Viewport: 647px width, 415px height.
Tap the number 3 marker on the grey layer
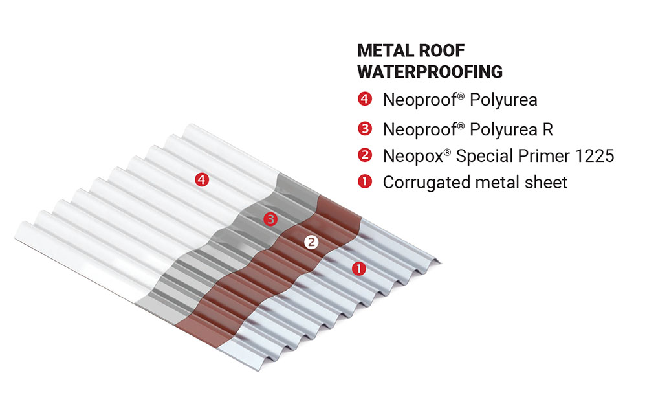coord(270,219)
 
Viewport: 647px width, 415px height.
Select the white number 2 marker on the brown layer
coord(311,242)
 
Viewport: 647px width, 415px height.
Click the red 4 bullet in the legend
coord(364,100)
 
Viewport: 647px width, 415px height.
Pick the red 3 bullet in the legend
coord(364,129)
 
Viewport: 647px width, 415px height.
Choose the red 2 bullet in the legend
coord(364,155)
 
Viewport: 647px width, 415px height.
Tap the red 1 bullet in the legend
coord(364,182)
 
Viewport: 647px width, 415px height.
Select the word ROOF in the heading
coord(443,51)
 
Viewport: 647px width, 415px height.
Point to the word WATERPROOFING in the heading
coord(430,71)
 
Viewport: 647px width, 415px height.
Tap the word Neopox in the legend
coord(408,155)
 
